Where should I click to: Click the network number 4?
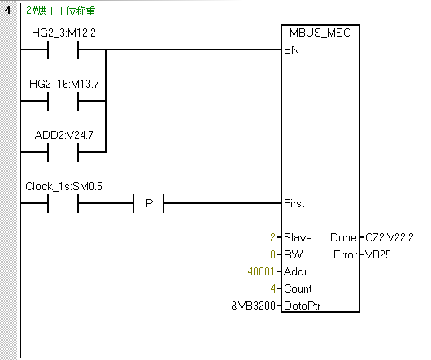coord(7,11)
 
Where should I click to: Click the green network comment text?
coord(61,11)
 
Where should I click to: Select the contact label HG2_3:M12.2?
coord(63,33)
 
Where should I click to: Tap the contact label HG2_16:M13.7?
coord(64,84)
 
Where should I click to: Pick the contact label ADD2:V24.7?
coord(64,135)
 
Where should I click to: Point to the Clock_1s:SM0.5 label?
coord(63,186)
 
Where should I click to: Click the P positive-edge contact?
coord(149,203)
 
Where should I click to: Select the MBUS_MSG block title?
coord(320,33)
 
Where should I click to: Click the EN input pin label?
coord(291,50)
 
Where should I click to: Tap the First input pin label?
coord(294,203)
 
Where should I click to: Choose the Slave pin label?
coord(298,237)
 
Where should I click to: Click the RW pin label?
coord(293,254)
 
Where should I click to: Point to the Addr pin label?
coord(296,271)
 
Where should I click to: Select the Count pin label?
coord(298,288)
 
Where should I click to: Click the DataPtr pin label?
coord(303,306)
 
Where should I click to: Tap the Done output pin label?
coord(343,237)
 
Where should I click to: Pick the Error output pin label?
coord(346,254)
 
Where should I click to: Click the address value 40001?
coord(261,271)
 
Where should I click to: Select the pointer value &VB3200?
coord(253,306)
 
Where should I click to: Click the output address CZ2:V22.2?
coord(390,237)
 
